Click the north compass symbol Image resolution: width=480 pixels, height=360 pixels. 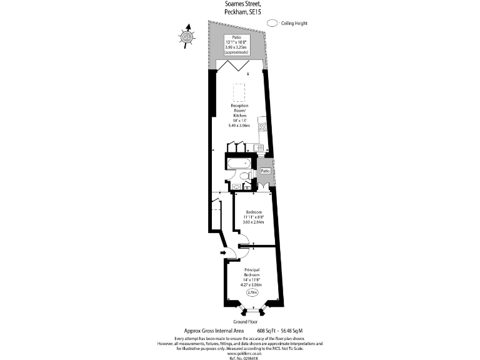click(x=186, y=37)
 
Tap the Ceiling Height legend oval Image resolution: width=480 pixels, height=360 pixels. click(x=272, y=23)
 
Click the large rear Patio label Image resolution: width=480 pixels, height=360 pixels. click(x=236, y=37)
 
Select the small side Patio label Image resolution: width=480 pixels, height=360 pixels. click(x=265, y=171)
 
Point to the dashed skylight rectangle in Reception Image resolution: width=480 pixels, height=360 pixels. click(x=239, y=92)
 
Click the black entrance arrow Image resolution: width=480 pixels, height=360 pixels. click(x=222, y=253)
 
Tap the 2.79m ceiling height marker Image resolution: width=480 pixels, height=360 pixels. click(x=252, y=292)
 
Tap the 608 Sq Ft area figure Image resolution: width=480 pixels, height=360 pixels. click(x=268, y=331)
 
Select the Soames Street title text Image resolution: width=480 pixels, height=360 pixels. click(x=239, y=4)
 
